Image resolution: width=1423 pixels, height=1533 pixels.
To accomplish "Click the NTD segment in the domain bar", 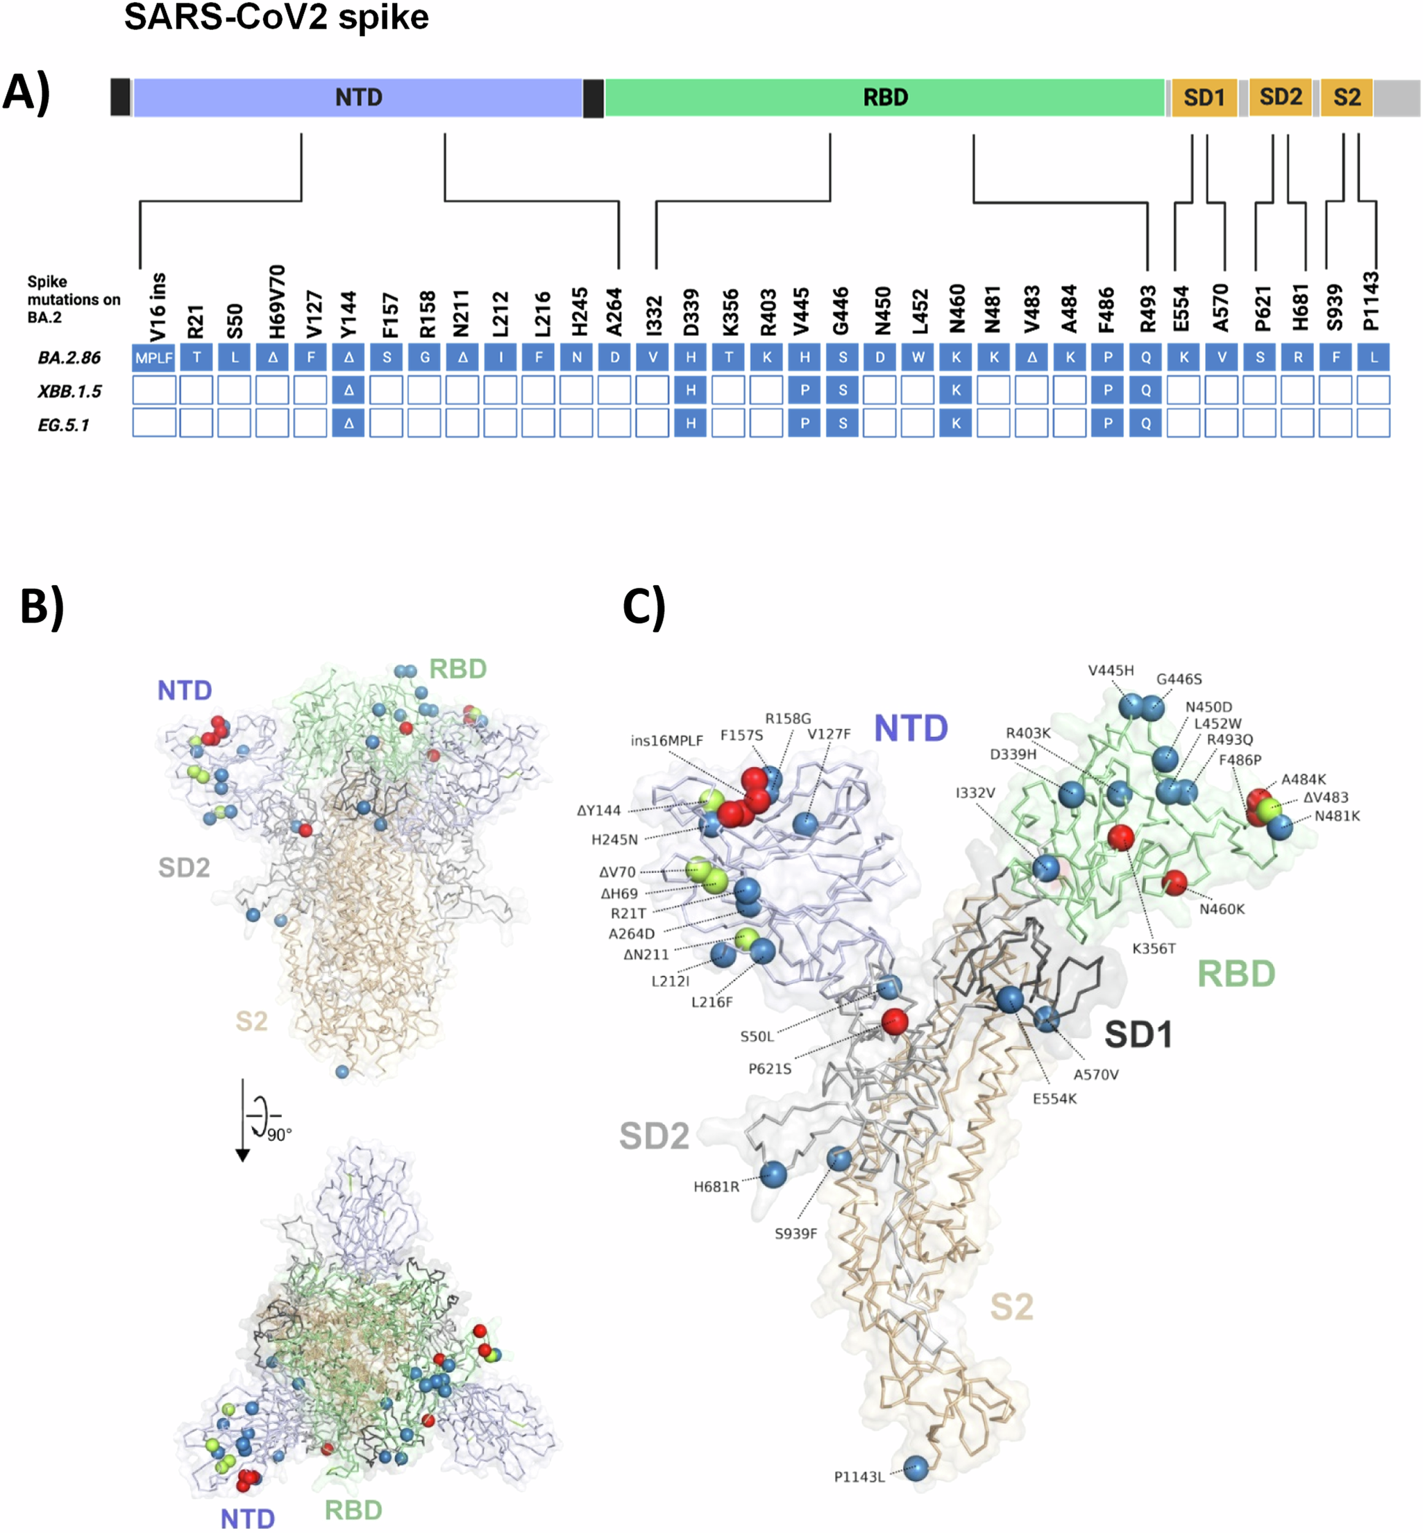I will click(x=358, y=98).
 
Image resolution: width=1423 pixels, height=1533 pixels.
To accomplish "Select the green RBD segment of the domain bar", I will click(x=885, y=98).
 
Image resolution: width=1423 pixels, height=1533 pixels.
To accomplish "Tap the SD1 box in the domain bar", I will click(x=1204, y=98).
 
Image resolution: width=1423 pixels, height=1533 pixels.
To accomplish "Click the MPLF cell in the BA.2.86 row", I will click(x=154, y=358).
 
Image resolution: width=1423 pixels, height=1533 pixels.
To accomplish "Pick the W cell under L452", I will click(x=917, y=358).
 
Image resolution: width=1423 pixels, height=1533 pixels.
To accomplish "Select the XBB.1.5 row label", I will click(x=69, y=391).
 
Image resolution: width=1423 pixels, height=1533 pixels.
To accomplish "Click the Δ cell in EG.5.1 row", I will click(x=349, y=423).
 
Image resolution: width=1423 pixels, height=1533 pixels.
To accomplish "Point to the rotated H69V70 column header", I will click(x=277, y=302).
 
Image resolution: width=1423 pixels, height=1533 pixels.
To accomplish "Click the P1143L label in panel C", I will click(x=859, y=1477).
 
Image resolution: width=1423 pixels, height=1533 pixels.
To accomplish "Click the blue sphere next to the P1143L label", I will click(x=915, y=1468).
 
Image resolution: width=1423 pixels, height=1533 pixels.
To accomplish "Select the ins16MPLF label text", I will click(x=667, y=740).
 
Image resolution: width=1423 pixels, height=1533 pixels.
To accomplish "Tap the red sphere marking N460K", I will click(x=1174, y=882).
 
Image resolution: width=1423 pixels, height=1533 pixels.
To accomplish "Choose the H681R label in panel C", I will click(x=716, y=1187).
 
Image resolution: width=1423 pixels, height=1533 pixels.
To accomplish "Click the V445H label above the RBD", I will click(x=1111, y=670).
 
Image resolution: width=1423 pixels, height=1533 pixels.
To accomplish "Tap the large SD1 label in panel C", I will click(x=1138, y=1035).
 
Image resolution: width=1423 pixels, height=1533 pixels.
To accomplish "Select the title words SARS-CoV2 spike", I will click(x=276, y=17).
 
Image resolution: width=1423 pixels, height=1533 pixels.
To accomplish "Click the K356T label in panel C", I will click(x=1154, y=949).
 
